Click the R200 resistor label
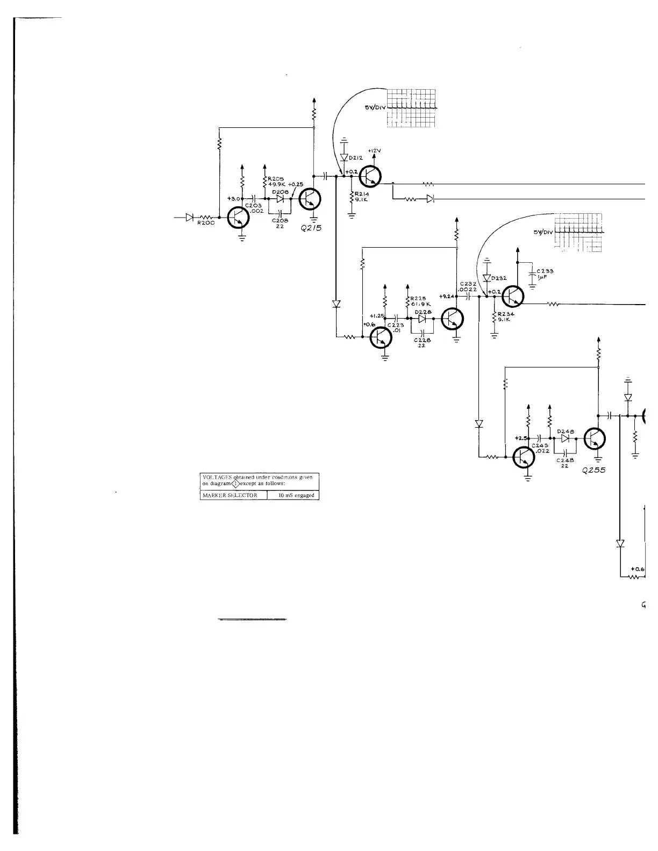pos(205,223)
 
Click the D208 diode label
pos(280,191)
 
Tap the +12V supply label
pos(375,150)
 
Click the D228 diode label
pos(423,312)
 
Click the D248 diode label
pos(566,431)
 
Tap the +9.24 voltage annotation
pos(447,296)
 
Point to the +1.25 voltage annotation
pos(377,316)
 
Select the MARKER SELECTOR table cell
pos(233,495)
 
